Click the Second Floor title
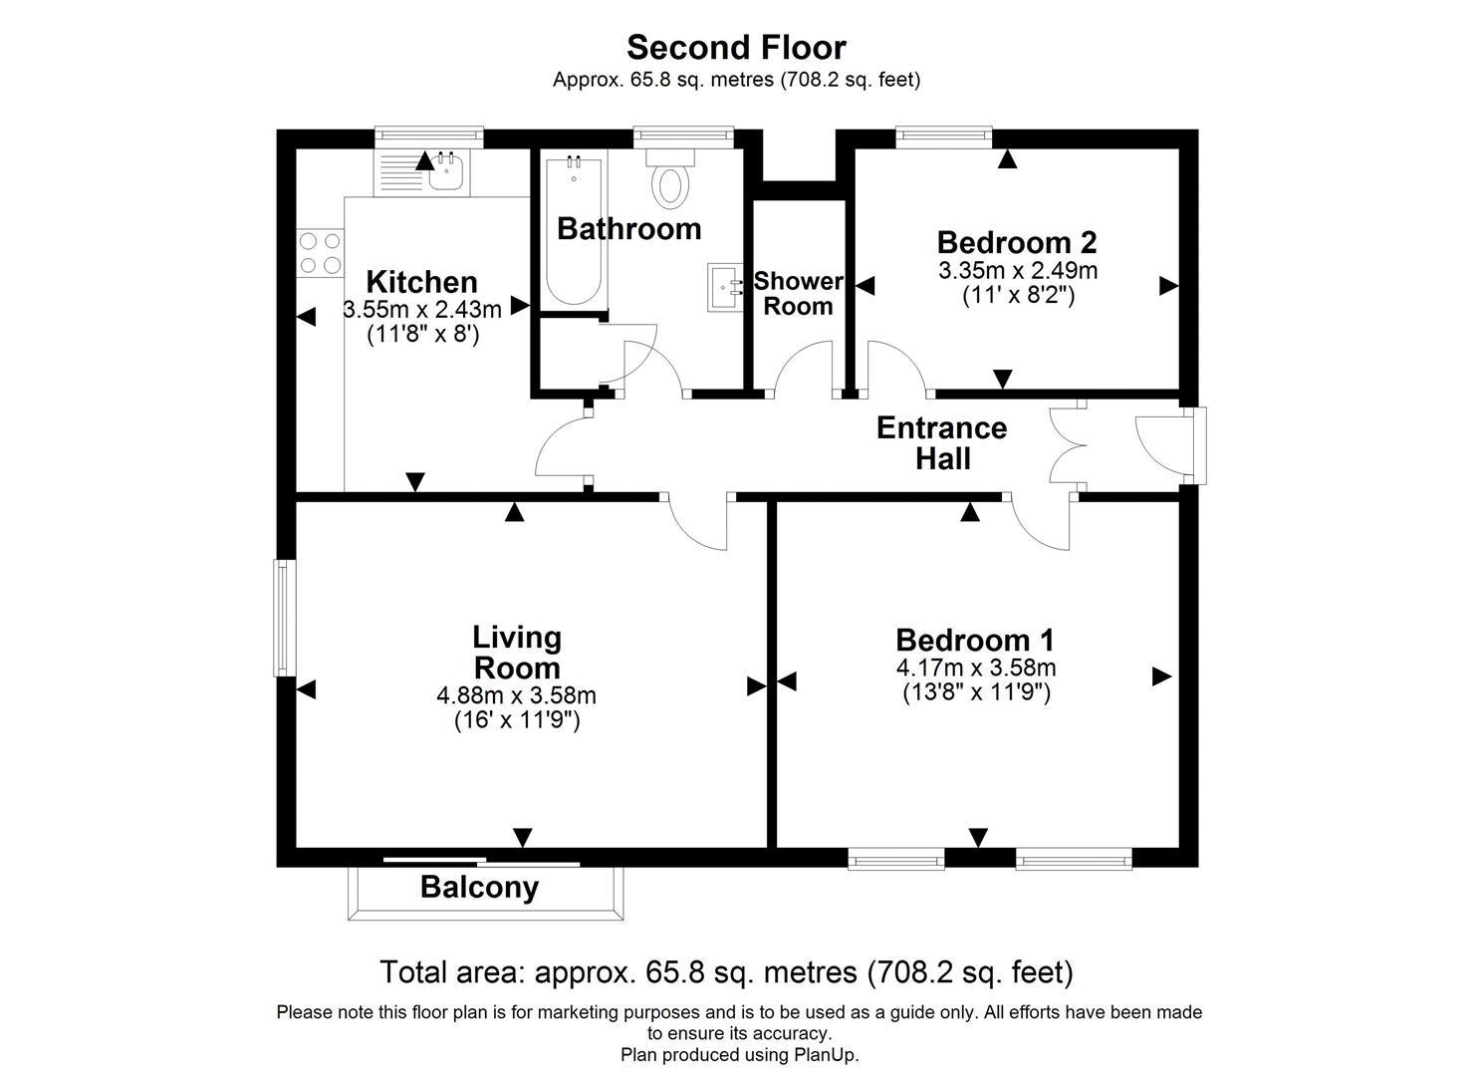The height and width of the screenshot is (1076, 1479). [736, 47]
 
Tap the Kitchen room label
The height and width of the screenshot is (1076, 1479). [421, 282]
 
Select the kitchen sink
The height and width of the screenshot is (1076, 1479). [443, 175]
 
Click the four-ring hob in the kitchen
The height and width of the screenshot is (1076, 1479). [320, 252]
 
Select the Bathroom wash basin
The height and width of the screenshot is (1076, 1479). [725, 287]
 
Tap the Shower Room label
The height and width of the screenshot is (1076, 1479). [798, 294]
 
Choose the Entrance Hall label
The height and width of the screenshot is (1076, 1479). [941, 443]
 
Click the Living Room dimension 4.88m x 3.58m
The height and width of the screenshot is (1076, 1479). [516, 695]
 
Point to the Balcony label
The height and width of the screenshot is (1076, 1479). [479, 887]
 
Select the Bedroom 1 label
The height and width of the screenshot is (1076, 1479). [974, 640]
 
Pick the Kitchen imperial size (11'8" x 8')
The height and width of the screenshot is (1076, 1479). [423, 334]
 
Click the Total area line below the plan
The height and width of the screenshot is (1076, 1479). [726, 971]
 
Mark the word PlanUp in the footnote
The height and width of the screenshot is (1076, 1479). [824, 1054]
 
